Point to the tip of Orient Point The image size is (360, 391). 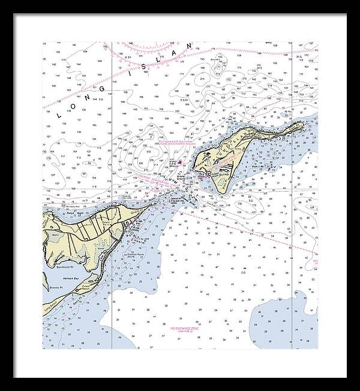tap(157, 203)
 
